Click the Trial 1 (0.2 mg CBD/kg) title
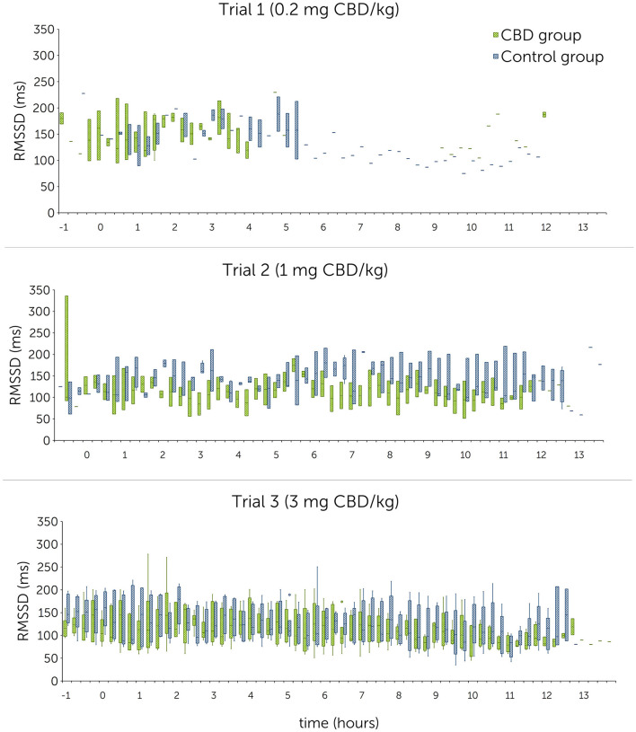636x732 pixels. (x=317, y=10)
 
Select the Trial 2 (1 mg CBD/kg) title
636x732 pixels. (x=317, y=270)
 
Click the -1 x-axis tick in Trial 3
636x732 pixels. (x=66, y=695)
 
